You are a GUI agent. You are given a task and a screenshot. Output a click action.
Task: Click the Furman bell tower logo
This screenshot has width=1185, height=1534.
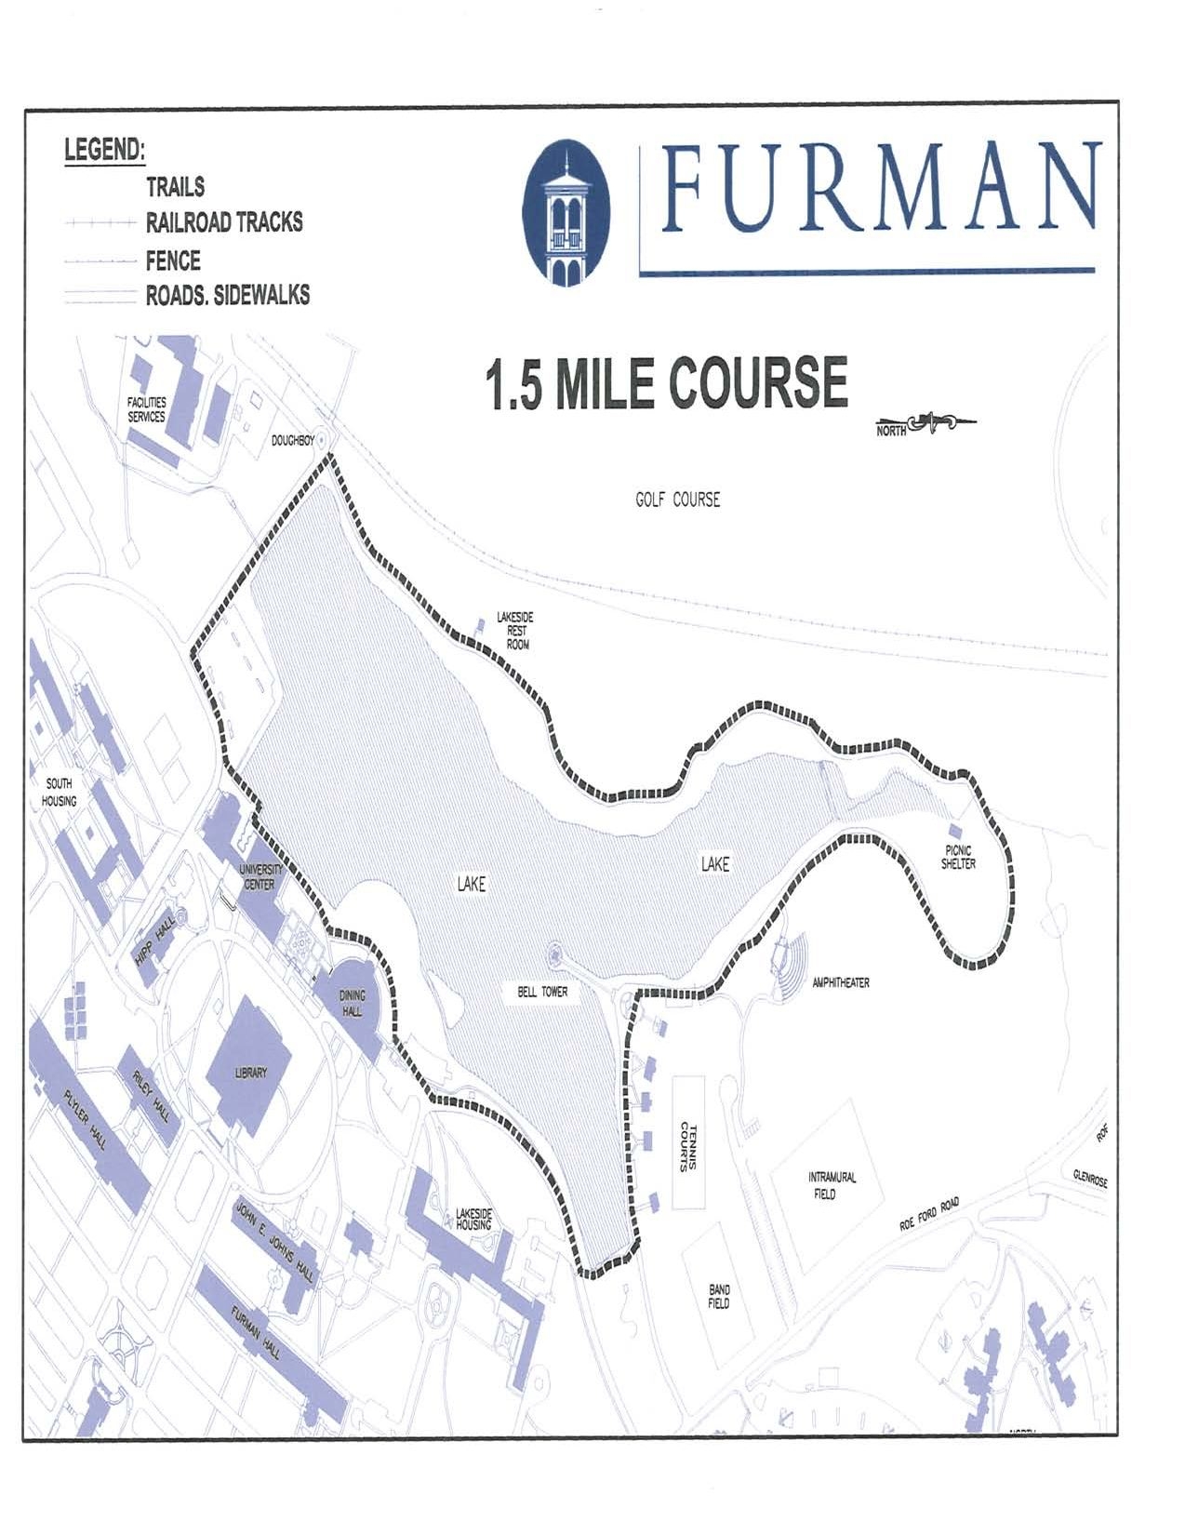pos(566,212)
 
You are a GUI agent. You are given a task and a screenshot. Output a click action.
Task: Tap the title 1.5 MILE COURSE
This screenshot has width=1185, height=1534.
pos(665,382)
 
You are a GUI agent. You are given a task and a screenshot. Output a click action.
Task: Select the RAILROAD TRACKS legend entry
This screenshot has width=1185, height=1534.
pos(223,222)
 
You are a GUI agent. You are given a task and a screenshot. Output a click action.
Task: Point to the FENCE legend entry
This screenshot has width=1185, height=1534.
pos(173,260)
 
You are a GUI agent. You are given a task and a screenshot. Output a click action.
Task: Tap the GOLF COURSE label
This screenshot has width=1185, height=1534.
pos(677,500)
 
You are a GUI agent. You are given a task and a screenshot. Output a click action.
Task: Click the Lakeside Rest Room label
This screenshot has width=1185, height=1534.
pos(514,631)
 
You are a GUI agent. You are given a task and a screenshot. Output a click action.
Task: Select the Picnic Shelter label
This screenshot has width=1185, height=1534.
pos(958,857)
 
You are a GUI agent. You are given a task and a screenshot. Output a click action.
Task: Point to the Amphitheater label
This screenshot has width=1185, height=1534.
pos(840,982)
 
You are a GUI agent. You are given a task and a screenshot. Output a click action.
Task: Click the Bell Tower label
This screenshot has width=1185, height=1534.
pos(542,992)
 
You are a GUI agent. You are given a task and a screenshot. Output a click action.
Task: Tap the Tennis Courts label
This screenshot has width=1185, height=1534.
pos(690,1146)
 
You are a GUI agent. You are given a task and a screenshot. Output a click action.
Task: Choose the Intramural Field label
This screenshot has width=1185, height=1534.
pos(832,1185)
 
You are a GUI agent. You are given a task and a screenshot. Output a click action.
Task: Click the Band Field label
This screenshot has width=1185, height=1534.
pos(719,1296)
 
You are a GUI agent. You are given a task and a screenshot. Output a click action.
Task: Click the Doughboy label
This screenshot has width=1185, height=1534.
pos(292,441)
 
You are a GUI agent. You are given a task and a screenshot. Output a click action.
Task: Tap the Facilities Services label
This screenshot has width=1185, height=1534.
pos(146,410)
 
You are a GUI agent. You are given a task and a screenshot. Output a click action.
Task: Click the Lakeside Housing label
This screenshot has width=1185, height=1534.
pos(473,1219)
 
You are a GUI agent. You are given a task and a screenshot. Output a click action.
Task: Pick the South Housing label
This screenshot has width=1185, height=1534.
pos(59,792)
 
